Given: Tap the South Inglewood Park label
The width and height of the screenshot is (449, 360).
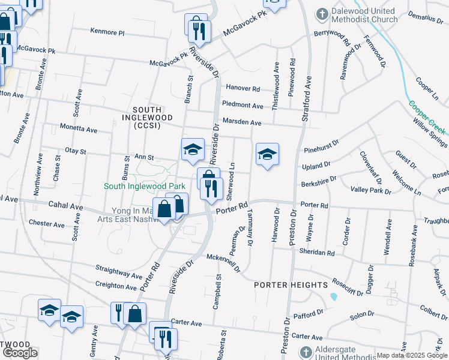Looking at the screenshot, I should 144,186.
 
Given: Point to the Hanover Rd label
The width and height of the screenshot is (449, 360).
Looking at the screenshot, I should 243,88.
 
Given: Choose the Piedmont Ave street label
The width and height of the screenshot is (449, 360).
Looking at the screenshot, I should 243,105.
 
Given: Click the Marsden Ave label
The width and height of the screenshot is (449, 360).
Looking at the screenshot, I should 242,122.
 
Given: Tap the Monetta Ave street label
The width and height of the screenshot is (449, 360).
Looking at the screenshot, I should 78,129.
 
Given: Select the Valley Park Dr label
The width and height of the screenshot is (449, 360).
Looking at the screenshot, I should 370,190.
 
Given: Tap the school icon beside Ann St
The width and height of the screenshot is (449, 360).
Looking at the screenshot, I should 193,149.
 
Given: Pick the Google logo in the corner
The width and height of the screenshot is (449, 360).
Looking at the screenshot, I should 20,353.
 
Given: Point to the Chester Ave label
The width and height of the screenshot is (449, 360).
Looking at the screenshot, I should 46,224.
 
